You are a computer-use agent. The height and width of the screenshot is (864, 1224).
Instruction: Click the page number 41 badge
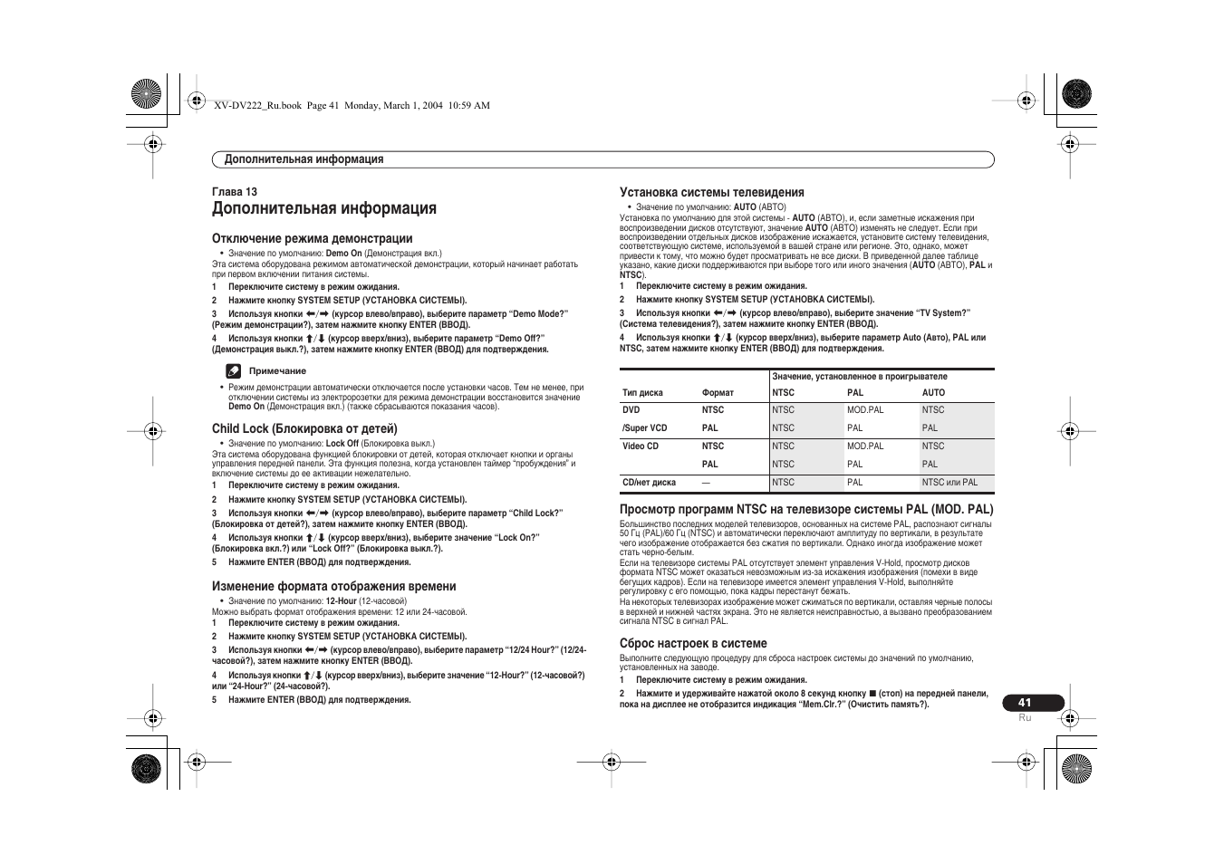pyautogui.click(x=1024, y=703)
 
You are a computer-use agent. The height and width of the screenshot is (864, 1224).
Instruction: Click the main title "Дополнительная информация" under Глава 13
pyautogui.click(x=324, y=208)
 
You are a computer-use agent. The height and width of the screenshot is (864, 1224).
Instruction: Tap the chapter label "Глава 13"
pyautogui.click(x=235, y=192)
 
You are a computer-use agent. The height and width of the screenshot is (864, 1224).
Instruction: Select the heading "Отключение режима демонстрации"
pyautogui.click(x=312, y=239)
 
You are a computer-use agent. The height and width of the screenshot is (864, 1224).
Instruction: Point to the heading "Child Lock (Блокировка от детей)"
pyautogui.click(x=304, y=428)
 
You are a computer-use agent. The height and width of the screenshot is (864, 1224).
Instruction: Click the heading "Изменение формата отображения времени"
pyautogui.click(x=333, y=587)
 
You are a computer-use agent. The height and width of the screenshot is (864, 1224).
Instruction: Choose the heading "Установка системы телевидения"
pyautogui.click(x=711, y=192)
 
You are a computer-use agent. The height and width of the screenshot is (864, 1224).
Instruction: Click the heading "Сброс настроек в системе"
pyautogui.click(x=693, y=643)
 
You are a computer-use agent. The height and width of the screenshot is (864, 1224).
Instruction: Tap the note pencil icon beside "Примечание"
pyautogui.click(x=233, y=370)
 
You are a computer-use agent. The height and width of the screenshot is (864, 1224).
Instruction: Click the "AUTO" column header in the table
pyautogui.click(x=933, y=393)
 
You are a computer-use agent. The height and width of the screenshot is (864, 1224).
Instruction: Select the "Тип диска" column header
pyautogui.click(x=642, y=393)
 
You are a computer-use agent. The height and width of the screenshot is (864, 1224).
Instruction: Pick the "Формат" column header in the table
pyautogui.click(x=718, y=393)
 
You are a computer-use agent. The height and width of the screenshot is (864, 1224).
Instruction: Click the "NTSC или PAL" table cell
pyautogui.click(x=949, y=483)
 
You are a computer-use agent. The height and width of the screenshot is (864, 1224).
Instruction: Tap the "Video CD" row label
pyautogui.click(x=641, y=446)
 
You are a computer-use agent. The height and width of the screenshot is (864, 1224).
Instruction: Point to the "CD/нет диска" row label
pyautogui.click(x=649, y=483)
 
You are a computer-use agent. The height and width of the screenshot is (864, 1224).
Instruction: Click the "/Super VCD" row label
pyautogui.click(x=644, y=428)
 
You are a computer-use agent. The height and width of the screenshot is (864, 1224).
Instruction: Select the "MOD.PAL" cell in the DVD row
pyautogui.click(x=864, y=410)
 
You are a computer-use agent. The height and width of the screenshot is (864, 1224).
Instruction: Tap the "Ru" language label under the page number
pyautogui.click(x=1025, y=717)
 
